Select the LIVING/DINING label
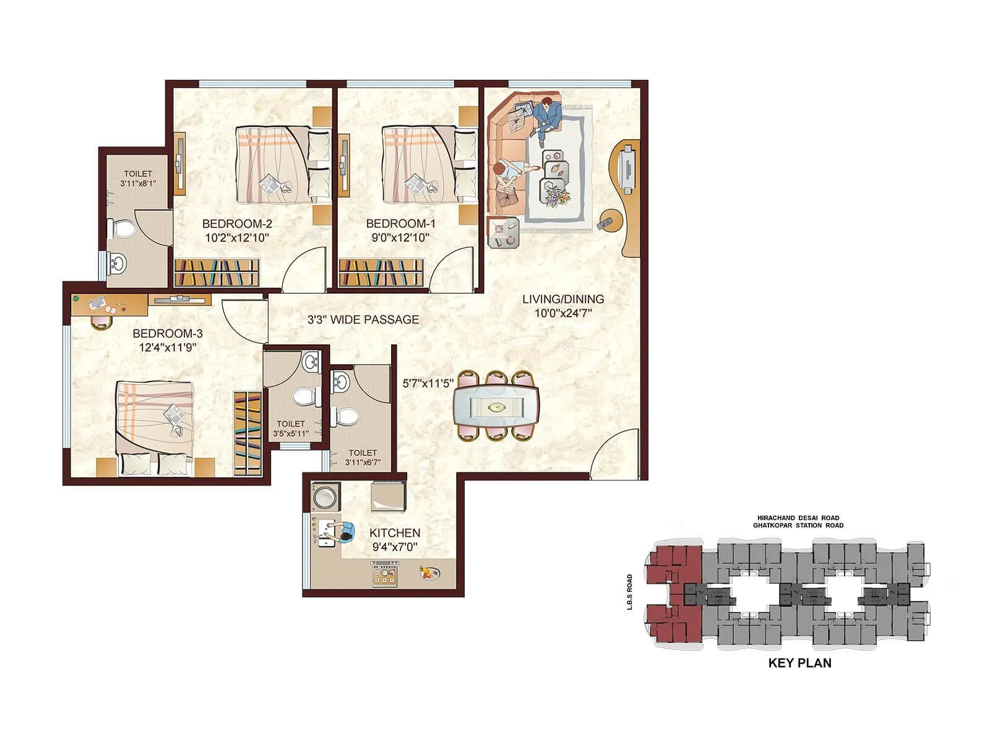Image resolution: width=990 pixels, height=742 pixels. [563, 299]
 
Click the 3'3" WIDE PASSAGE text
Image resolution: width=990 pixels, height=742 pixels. [363, 320]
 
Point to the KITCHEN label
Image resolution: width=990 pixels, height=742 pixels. [394, 533]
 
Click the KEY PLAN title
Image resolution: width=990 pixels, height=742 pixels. [799, 663]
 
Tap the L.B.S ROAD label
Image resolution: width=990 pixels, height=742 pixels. [630, 592]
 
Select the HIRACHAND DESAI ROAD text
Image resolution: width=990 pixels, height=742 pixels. [798, 518]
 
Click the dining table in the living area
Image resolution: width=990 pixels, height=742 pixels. [496, 406]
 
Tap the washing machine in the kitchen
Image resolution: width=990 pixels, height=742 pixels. [325, 497]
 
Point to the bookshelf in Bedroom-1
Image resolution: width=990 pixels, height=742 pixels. [381, 273]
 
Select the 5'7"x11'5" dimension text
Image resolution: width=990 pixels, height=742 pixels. [428, 383]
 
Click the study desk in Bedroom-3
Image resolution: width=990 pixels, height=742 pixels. [109, 304]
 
